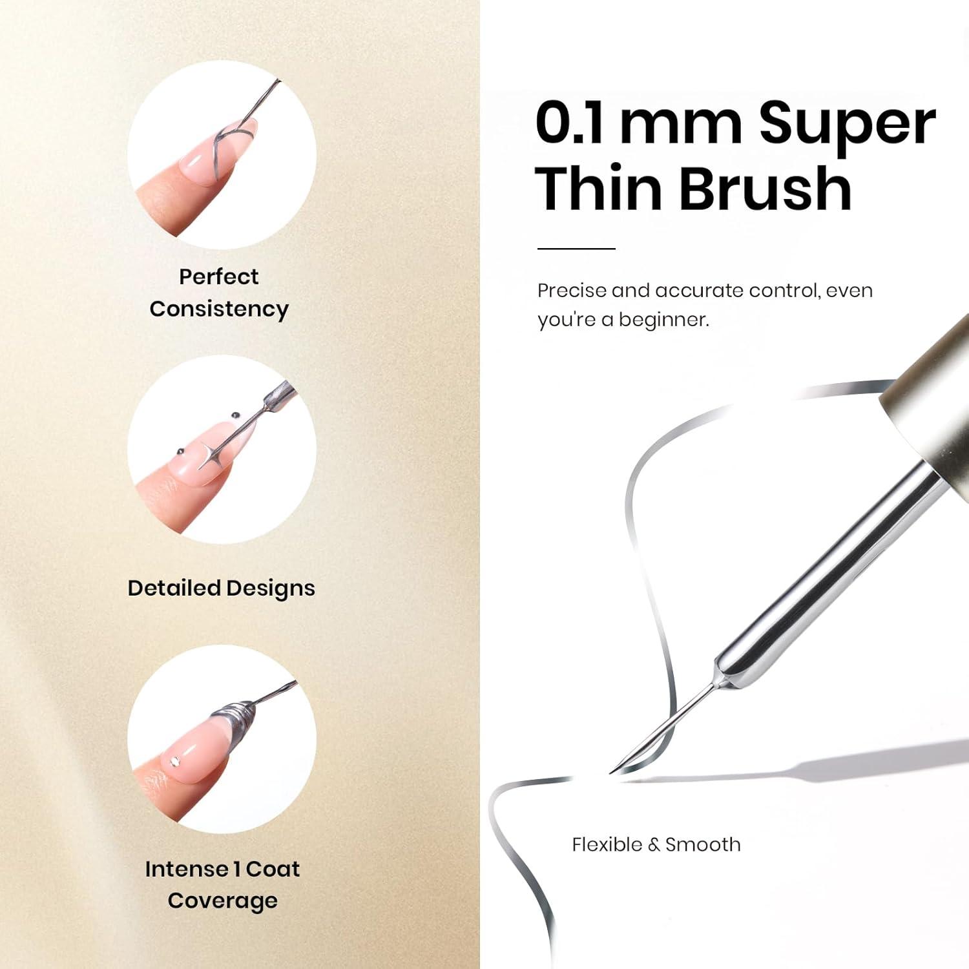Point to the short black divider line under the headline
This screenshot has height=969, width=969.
[x=576, y=248]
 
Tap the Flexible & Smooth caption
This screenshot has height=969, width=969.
[x=656, y=844]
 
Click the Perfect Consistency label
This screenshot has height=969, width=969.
[x=219, y=293]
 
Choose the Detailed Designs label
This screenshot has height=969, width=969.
[x=222, y=588]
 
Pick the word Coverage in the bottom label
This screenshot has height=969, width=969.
[x=223, y=901]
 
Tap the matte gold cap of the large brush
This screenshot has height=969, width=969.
[x=930, y=407]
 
